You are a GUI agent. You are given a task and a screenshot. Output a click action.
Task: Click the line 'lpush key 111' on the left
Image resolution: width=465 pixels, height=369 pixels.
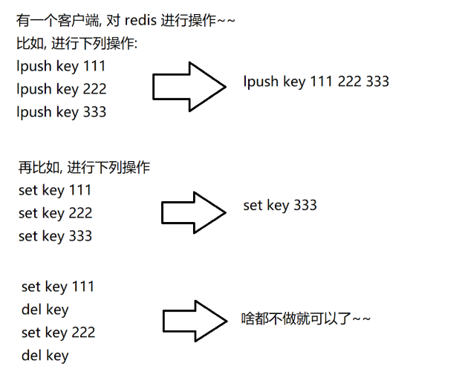[61, 66]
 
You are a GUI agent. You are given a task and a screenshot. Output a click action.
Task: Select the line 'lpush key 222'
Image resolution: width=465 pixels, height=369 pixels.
[61, 89]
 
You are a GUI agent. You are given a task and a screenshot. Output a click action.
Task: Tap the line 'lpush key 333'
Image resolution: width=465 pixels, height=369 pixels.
[61, 112]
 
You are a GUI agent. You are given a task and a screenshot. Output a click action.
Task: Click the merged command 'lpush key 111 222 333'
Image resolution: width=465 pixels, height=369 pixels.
[316, 82]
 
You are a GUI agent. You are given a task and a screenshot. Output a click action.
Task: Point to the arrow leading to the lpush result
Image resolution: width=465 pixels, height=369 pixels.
[189, 86]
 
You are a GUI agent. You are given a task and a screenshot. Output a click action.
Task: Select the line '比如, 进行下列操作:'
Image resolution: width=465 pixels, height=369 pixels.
[77, 44]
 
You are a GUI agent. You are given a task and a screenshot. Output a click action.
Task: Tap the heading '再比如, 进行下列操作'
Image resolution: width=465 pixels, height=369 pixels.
[84, 167]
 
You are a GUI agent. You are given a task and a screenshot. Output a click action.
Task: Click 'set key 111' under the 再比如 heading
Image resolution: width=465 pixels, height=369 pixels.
[55, 190]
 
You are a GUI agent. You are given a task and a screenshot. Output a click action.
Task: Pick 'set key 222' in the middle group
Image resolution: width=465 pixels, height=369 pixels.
[55, 213]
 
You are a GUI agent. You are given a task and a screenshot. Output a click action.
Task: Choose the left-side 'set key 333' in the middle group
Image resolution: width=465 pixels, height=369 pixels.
[55, 236]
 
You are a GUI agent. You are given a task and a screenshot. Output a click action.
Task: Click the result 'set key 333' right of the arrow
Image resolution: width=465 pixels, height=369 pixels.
[279, 205]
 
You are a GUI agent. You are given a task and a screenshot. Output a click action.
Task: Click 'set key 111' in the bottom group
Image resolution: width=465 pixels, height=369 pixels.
[58, 287]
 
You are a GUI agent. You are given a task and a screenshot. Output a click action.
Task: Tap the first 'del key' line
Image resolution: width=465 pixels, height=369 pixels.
[45, 310]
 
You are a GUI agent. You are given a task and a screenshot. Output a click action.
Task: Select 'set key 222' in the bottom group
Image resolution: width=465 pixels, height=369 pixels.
[58, 333]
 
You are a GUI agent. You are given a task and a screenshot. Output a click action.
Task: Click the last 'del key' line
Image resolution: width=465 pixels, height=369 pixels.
[45, 356]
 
